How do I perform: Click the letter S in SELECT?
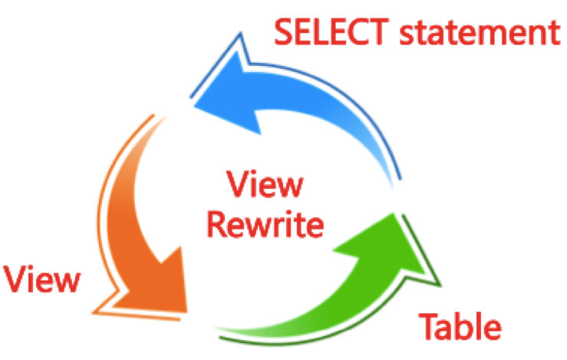tap(285, 33)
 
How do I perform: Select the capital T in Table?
tap(427, 325)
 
